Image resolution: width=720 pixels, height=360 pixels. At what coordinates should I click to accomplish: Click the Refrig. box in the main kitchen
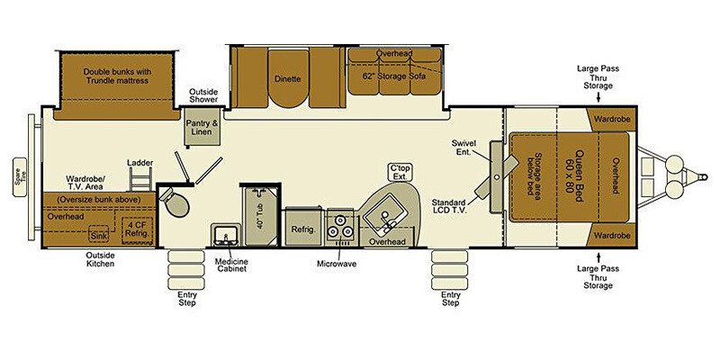[301, 229]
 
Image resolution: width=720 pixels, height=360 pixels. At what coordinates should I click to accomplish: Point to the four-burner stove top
[340, 229]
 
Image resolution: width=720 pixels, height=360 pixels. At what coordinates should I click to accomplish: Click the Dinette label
[289, 79]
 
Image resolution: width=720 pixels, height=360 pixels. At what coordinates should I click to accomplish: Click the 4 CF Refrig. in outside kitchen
[136, 229]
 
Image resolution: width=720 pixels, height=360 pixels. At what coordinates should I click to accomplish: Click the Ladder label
[139, 163]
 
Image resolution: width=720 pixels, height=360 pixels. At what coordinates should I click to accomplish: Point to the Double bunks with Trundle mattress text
[115, 76]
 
